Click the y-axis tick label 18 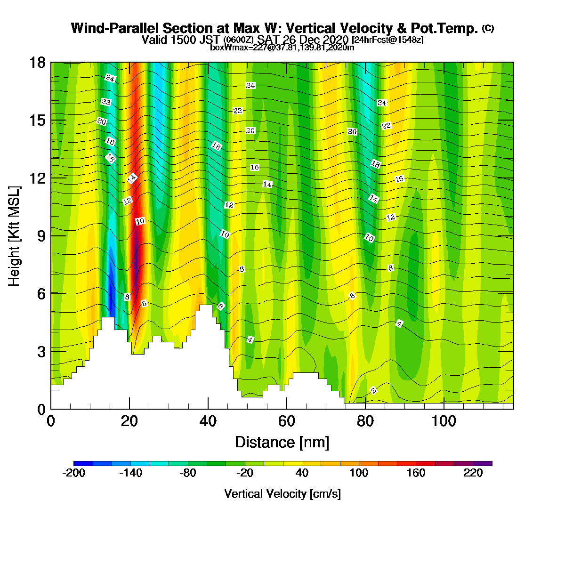[x=38, y=63]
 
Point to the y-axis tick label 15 [x=38, y=121]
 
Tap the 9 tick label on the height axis [x=41, y=236]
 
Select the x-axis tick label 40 [x=208, y=421]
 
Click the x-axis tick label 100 [x=444, y=421]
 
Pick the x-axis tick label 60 [x=286, y=421]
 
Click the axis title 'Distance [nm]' [x=282, y=443]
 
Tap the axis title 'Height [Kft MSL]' [x=14, y=236]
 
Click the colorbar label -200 [x=73, y=473]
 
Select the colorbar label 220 [x=473, y=473]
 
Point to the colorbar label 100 [x=359, y=473]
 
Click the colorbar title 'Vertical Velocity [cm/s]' [x=282, y=494]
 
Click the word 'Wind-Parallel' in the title [x=115, y=29]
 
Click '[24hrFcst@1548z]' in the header [x=387, y=40]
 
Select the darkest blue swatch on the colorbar [x=83, y=464]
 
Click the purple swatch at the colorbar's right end [x=483, y=464]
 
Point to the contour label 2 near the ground [x=373, y=390]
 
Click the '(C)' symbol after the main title [x=488, y=28]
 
